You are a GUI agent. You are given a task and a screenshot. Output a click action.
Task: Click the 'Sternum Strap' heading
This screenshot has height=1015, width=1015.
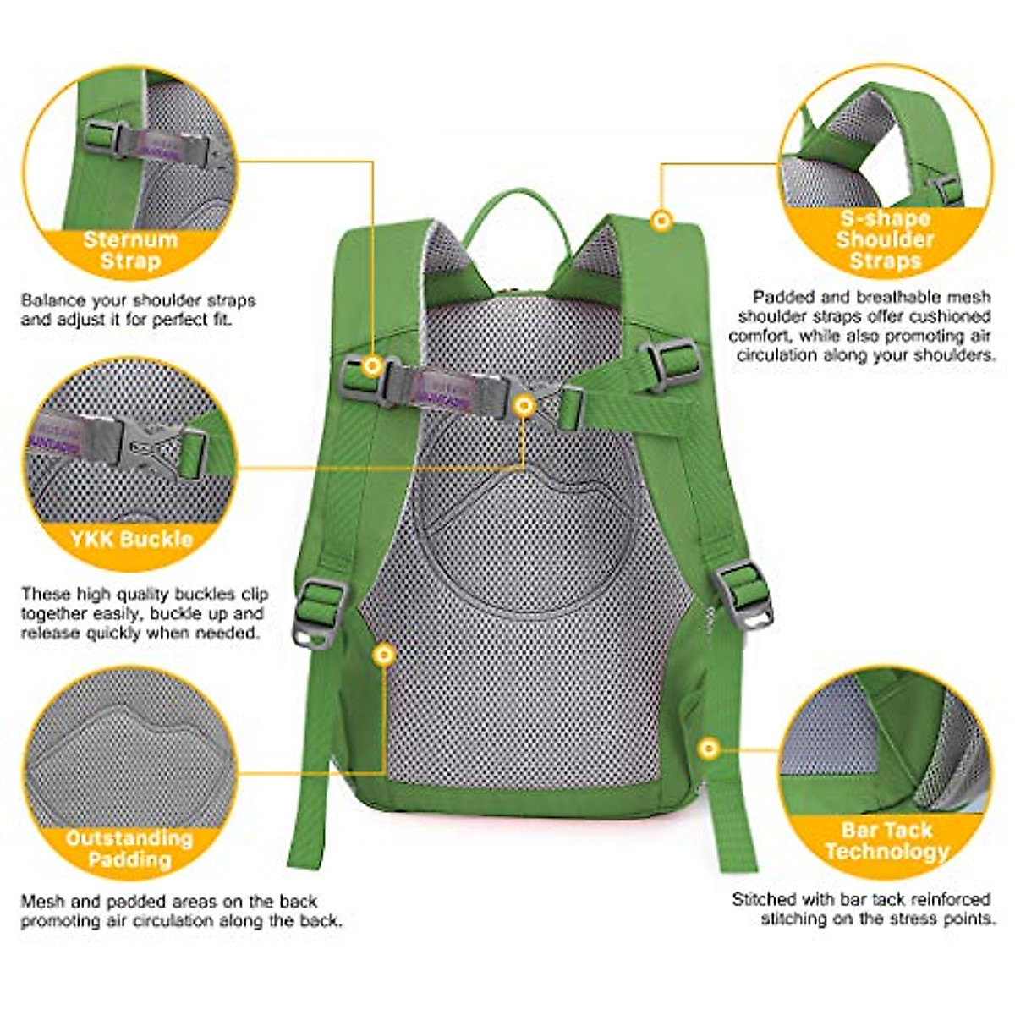(130, 250)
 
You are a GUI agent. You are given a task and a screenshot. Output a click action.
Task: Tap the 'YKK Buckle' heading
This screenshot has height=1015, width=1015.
(131, 539)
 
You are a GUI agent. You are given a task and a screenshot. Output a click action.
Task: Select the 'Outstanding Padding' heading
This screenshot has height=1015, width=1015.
(129, 848)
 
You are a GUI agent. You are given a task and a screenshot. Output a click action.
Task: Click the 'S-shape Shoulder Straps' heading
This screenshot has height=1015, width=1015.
(885, 239)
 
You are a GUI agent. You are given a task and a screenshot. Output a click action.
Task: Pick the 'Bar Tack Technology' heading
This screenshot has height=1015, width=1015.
(886, 840)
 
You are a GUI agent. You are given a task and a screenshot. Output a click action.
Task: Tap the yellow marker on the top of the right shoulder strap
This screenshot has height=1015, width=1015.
(661, 222)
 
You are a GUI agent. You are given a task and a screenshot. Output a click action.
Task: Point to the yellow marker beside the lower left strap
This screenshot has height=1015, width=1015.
(385, 654)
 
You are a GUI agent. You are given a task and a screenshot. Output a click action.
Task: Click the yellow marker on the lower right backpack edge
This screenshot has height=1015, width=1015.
(709, 749)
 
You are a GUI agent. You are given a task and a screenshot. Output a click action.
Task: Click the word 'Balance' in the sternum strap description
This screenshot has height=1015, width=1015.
(49, 300)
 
